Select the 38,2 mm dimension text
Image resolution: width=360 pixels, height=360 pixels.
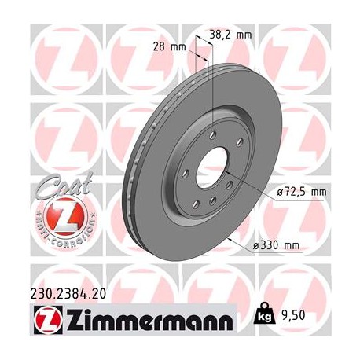(x=231, y=35)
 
